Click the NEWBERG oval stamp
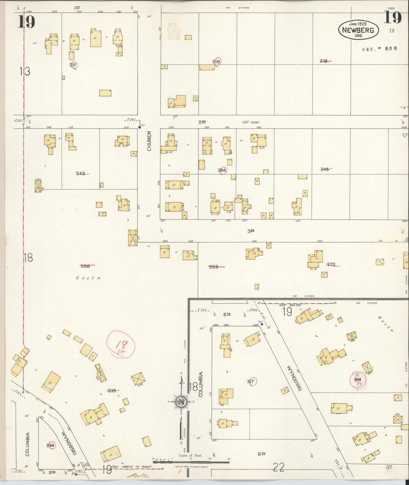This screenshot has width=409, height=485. click(x=358, y=30)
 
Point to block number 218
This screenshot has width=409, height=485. click(x=217, y=62)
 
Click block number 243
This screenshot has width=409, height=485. click(x=81, y=173)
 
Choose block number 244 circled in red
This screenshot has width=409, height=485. click(x=222, y=170)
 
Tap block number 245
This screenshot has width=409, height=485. click(x=325, y=169)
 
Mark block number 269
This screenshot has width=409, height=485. click(x=214, y=267)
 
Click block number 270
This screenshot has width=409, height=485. click(x=331, y=265)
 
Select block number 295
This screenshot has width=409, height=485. click(x=112, y=390)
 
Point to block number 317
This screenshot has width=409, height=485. click(x=251, y=381)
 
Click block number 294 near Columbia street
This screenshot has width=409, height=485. click(x=51, y=445)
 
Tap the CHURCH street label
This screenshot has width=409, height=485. click(x=149, y=141)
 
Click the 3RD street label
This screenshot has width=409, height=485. click(x=251, y=231)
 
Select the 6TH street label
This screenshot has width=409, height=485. click(x=261, y=454)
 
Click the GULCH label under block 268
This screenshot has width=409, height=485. click(x=88, y=278)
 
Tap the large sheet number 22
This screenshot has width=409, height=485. click(x=279, y=467)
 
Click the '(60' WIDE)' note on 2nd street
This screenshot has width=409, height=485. click(x=251, y=122)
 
